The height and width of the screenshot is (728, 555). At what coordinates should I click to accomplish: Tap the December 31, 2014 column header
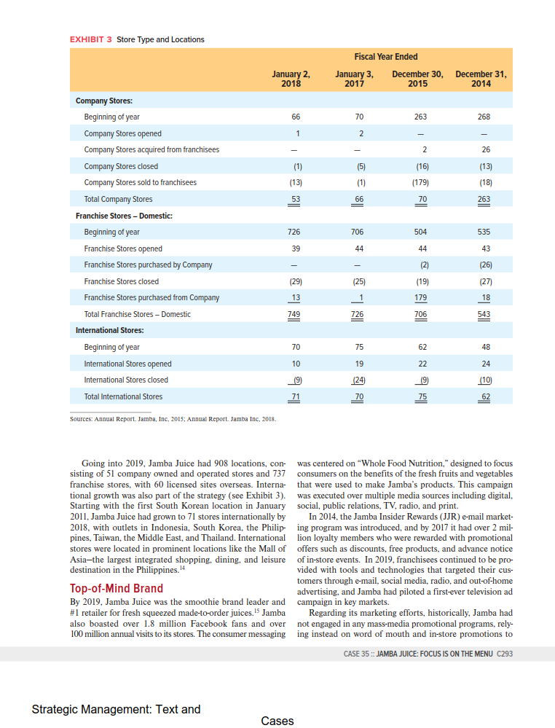click(481, 79)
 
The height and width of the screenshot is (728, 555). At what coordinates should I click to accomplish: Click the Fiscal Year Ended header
click(385, 57)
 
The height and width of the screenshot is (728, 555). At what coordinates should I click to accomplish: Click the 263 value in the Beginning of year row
click(420, 117)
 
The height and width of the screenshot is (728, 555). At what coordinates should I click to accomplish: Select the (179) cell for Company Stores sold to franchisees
click(420, 182)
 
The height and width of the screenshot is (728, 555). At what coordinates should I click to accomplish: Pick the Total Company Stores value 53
click(295, 199)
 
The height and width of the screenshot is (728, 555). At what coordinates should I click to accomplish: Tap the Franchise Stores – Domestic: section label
click(124, 216)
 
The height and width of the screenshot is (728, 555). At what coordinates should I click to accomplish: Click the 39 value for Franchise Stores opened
click(295, 248)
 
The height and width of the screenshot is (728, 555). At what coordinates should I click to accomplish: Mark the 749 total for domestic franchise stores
click(295, 314)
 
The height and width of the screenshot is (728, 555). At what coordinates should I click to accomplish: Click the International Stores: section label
click(111, 331)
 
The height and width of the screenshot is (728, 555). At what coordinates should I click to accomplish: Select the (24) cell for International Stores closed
click(358, 380)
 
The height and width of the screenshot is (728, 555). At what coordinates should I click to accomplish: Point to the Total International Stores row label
click(124, 396)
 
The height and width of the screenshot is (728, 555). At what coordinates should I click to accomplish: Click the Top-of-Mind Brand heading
click(117, 588)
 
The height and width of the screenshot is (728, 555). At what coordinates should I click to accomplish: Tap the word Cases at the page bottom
click(277, 721)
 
